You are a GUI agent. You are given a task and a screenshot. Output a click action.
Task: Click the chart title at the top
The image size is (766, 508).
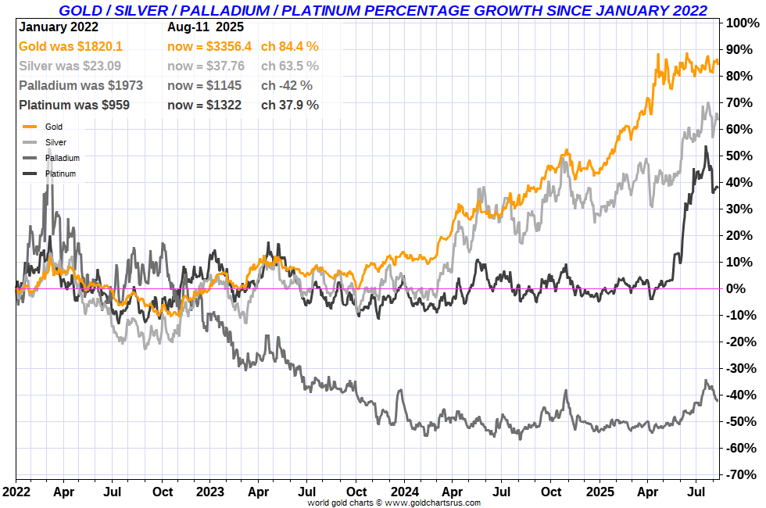coord(383,10)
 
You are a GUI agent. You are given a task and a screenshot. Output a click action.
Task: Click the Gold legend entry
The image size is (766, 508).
coord(54,127)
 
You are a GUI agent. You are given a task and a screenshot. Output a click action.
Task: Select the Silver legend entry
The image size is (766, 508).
coord(55,142)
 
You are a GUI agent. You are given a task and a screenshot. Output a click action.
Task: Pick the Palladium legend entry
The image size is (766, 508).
coord(63,158)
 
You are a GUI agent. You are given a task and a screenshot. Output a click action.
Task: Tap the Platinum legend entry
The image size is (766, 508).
coord(60,174)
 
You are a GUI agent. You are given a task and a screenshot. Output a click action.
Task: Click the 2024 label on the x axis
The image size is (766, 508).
coord(404,492)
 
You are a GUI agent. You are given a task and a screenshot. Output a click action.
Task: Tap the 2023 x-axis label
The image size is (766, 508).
coord(211,492)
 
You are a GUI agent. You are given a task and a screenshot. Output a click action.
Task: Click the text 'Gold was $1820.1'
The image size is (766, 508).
coord(70,47)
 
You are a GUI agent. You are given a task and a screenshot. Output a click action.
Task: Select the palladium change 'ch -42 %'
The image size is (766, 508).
coord(286,85)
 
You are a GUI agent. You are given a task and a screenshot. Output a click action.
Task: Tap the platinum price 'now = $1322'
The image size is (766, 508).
coord(204,105)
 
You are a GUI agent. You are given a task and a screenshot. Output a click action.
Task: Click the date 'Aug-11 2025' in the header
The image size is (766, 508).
coord(206,27)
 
